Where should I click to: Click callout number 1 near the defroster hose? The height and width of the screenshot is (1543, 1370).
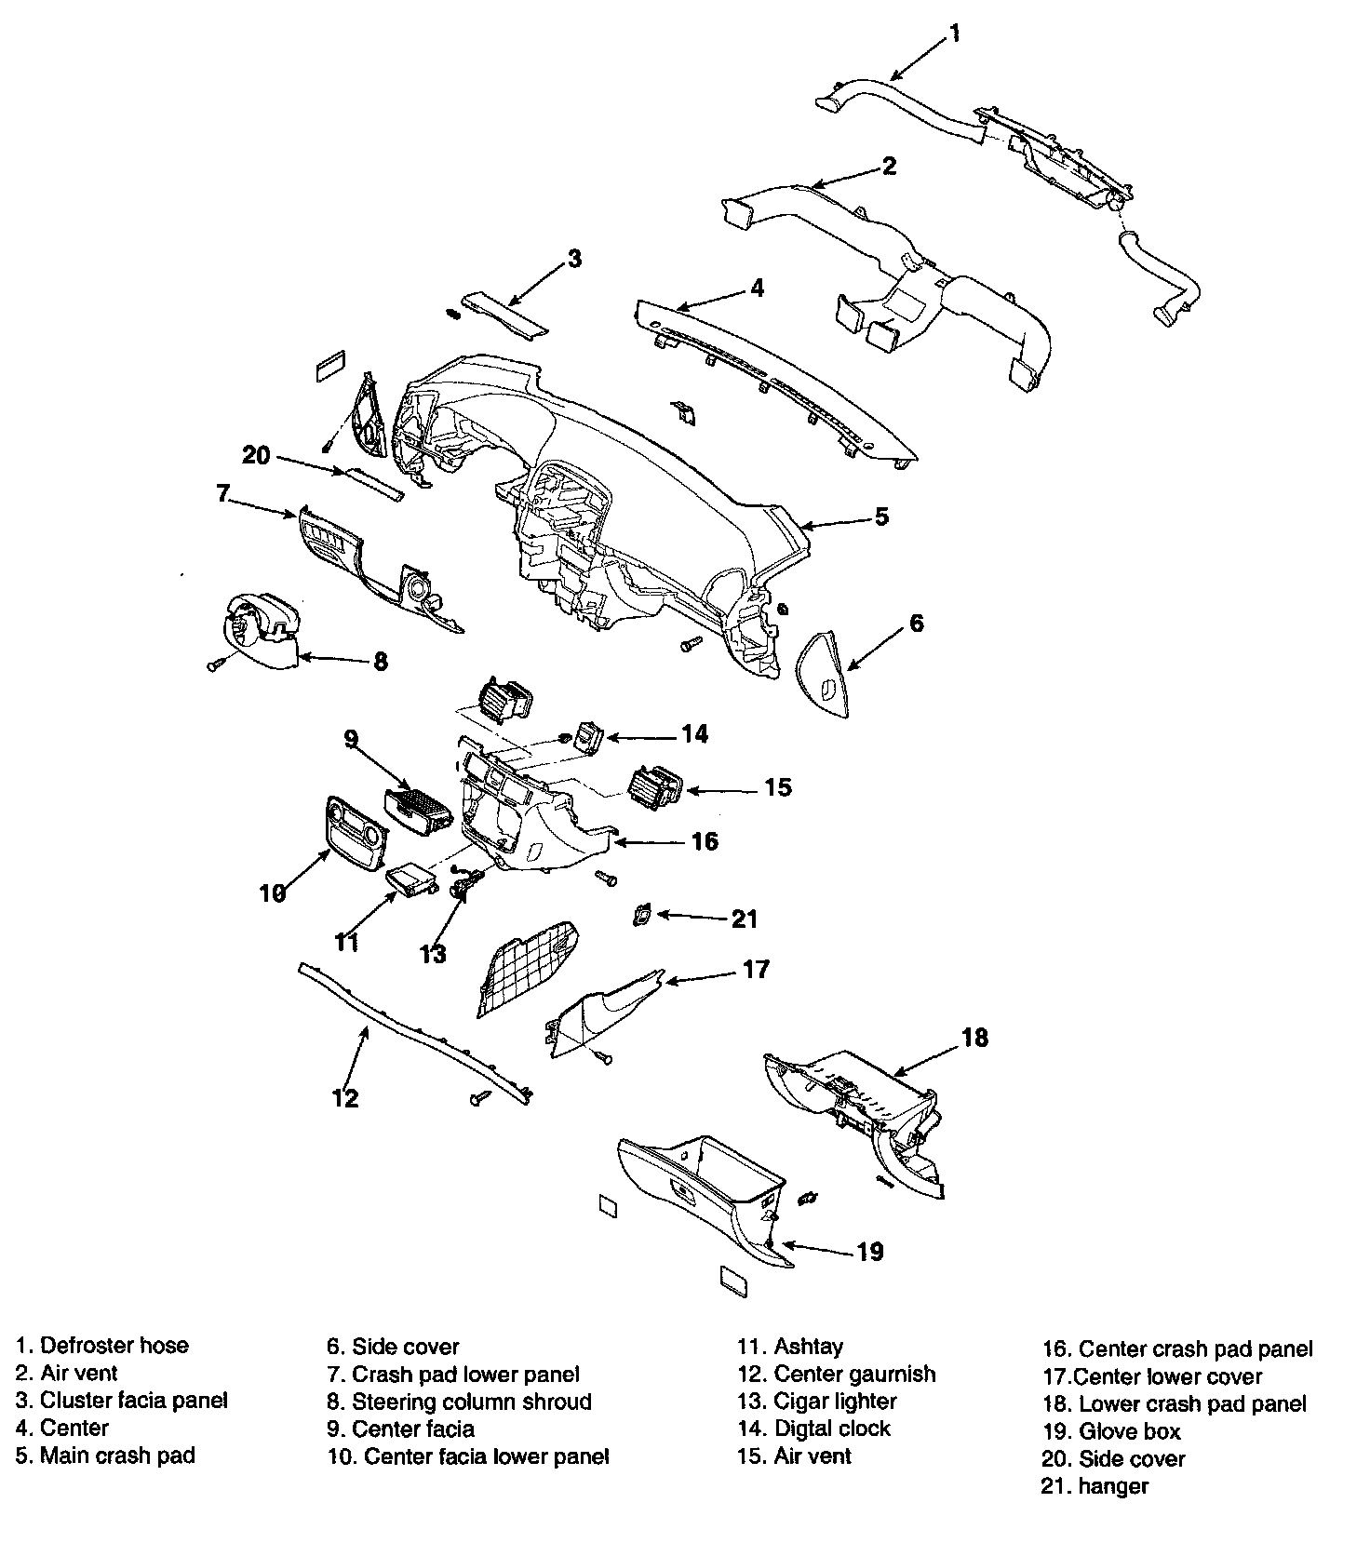pos(954,35)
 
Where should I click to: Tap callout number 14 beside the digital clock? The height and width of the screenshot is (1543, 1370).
pos(694,734)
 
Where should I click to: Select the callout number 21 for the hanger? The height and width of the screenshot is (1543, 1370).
pos(745,919)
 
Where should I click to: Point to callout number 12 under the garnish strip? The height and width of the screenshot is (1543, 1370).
pos(345,1098)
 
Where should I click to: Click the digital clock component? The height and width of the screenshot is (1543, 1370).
pos(590,737)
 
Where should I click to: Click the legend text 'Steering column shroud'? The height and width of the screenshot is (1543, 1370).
pos(471,1402)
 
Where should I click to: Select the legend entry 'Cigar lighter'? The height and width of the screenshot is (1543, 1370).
pos(835,1402)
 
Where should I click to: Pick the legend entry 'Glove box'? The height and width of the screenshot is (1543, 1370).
pos(1129,1431)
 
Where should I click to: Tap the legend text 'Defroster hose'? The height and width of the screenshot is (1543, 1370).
pos(114,1345)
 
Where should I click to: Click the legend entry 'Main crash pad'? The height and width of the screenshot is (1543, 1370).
pos(117,1456)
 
